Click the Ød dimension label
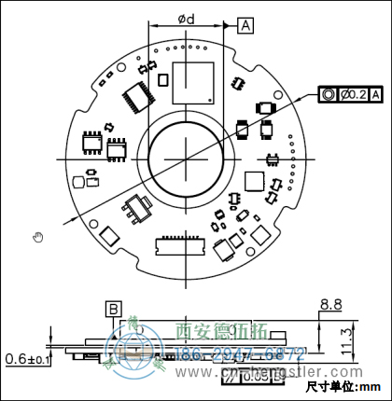click(186, 19)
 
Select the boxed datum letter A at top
click(245, 25)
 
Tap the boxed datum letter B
click(113, 309)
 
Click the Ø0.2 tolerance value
click(354, 94)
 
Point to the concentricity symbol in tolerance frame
click(329, 94)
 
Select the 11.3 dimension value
click(344, 337)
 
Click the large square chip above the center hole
click(193, 80)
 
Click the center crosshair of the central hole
click(185, 157)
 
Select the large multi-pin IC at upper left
click(137, 93)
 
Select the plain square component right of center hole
click(254, 181)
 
